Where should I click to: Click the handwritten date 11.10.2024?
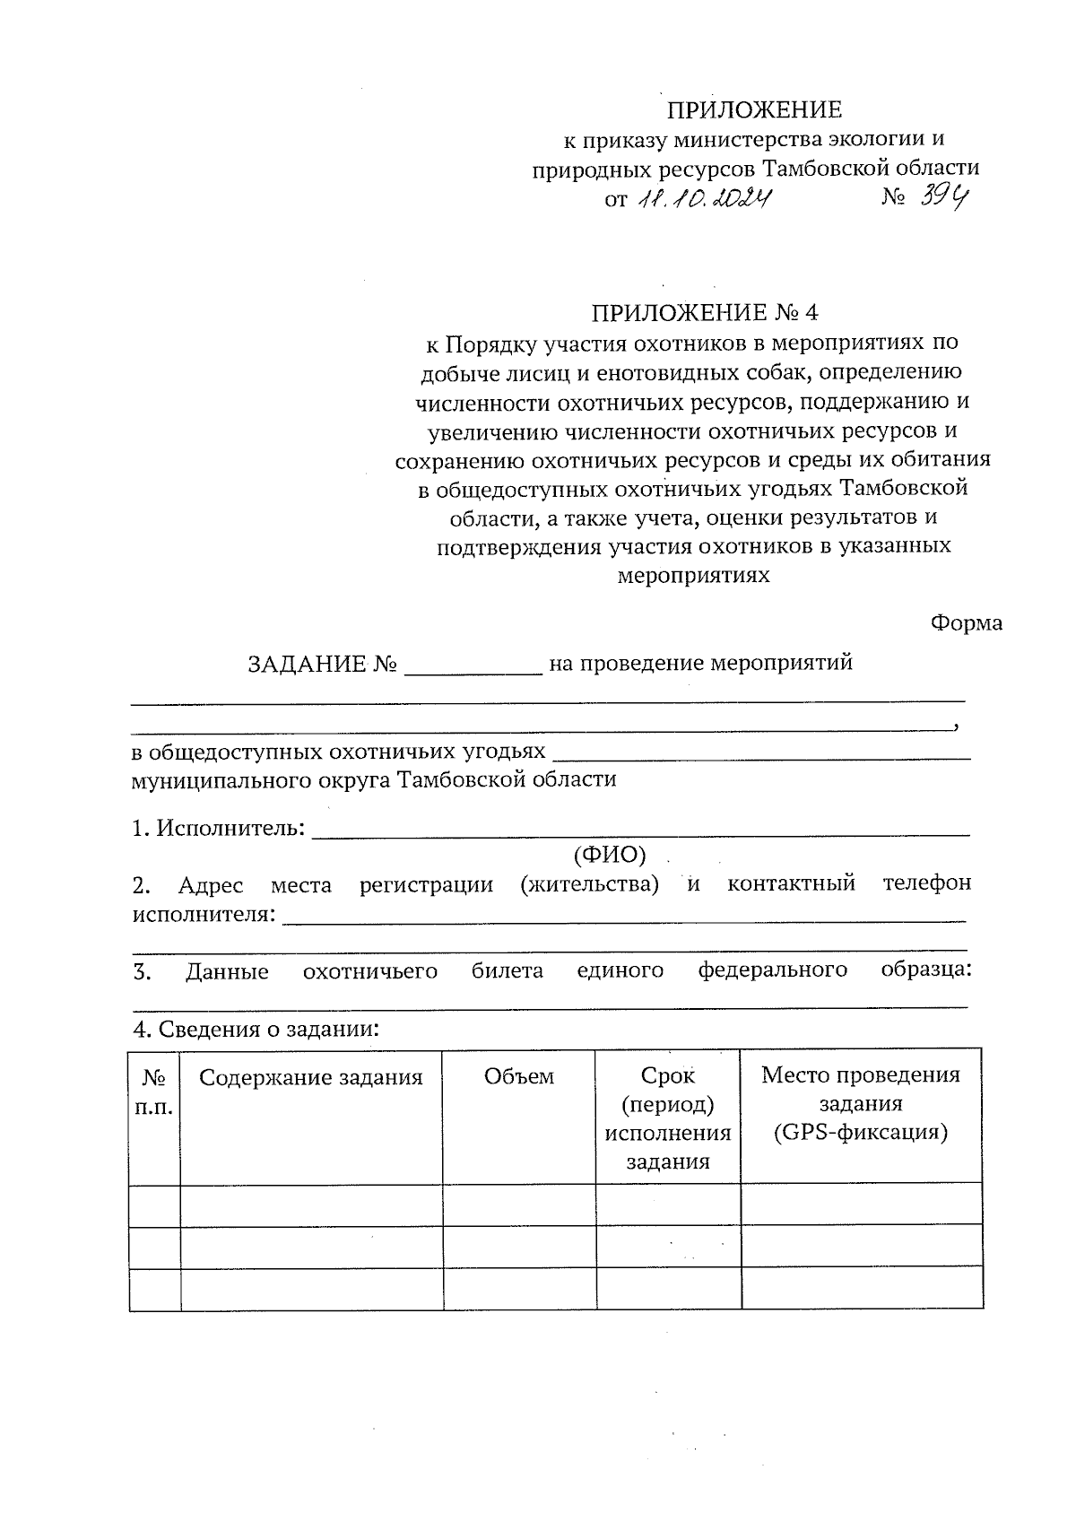point(704,198)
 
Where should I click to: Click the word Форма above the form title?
point(966,622)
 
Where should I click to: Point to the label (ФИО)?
point(609,855)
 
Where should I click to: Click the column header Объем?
point(518,1076)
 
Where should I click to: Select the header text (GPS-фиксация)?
point(860,1132)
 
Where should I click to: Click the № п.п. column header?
point(154,1091)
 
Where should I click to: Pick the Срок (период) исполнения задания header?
point(668,1118)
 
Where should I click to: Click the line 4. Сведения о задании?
point(256,1029)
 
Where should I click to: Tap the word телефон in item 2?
point(926,883)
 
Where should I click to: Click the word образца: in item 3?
point(926,970)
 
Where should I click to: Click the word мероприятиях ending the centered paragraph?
point(693,575)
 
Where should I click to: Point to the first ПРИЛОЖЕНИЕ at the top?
point(753,109)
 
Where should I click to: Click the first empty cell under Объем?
point(519,1204)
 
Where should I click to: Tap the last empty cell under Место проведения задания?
point(861,1289)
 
